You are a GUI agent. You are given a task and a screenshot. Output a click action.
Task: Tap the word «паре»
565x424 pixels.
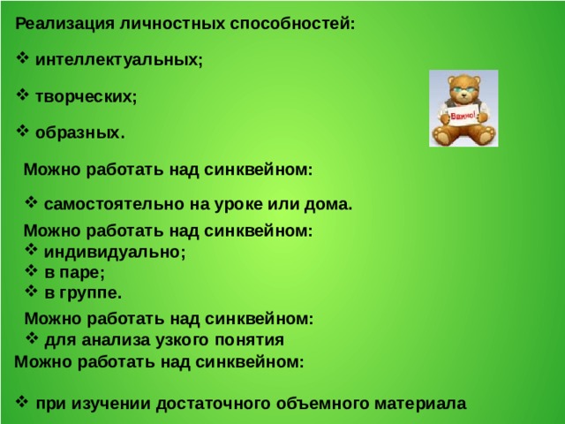tap(85, 272)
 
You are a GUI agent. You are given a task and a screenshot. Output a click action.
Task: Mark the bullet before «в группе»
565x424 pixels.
tap(31, 291)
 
